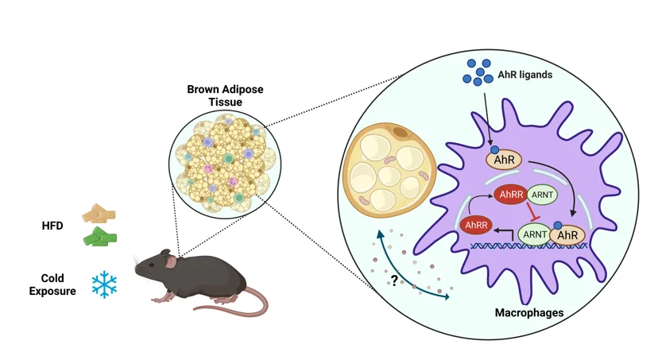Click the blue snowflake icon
pos(104,285)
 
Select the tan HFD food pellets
pos(99,213)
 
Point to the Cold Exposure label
pos(59,285)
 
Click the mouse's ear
pos(168,258)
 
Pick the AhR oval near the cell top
pos(503,159)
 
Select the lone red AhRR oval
pos(475,226)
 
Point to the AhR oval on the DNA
pos(567,236)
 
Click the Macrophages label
pos(528,313)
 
